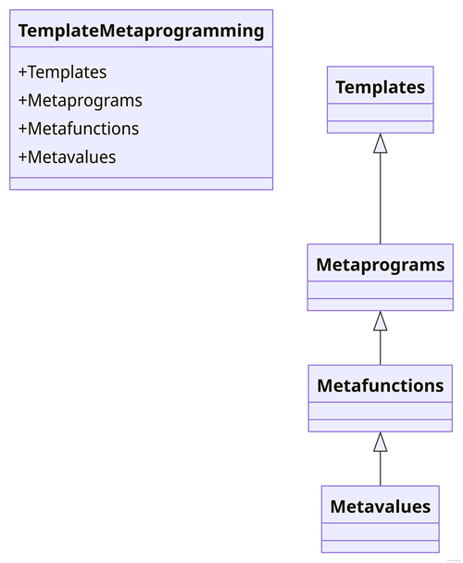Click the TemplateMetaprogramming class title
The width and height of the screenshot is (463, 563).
point(141,31)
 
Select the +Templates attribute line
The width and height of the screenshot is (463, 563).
point(62,72)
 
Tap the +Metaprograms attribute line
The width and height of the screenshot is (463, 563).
point(81,101)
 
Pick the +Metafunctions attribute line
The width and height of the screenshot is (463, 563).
point(79,129)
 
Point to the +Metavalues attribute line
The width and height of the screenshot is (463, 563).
point(68,156)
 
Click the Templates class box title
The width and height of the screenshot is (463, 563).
point(380,87)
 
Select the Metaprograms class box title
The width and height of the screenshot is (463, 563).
point(380,265)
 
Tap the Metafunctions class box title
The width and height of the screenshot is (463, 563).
point(380,385)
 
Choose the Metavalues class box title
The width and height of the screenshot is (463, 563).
point(380,507)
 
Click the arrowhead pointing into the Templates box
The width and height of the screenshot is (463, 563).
point(380,143)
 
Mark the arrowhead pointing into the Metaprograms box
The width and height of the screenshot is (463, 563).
point(380,320)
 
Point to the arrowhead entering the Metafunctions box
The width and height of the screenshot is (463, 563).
point(380,442)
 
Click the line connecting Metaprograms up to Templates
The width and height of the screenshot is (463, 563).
point(380,198)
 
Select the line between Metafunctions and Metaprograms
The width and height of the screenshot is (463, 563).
point(380,347)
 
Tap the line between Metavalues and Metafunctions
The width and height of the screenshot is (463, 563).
point(380,469)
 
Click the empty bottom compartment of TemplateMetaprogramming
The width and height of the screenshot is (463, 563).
point(141,183)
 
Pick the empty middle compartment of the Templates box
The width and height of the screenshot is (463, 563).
point(380,112)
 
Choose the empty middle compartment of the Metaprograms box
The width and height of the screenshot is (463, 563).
point(380,290)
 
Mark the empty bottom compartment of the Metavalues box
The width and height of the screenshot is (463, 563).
point(380,546)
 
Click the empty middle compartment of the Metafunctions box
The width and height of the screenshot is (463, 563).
point(380,411)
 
